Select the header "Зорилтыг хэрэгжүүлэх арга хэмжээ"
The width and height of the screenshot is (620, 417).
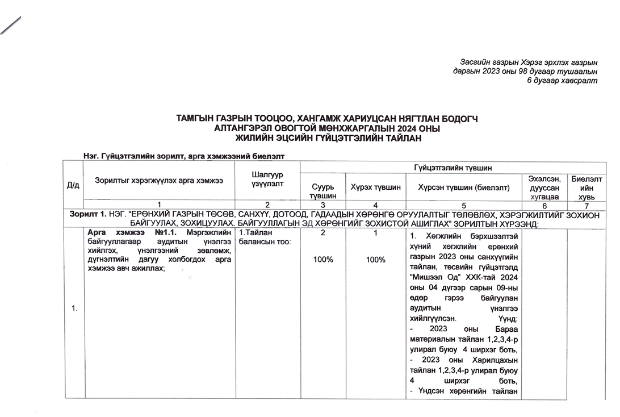pyautogui.click(x=159, y=180)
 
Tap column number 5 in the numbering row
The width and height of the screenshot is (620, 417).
pyautogui.click(x=463, y=205)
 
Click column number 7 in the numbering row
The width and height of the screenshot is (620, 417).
pyautogui.click(x=587, y=205)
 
